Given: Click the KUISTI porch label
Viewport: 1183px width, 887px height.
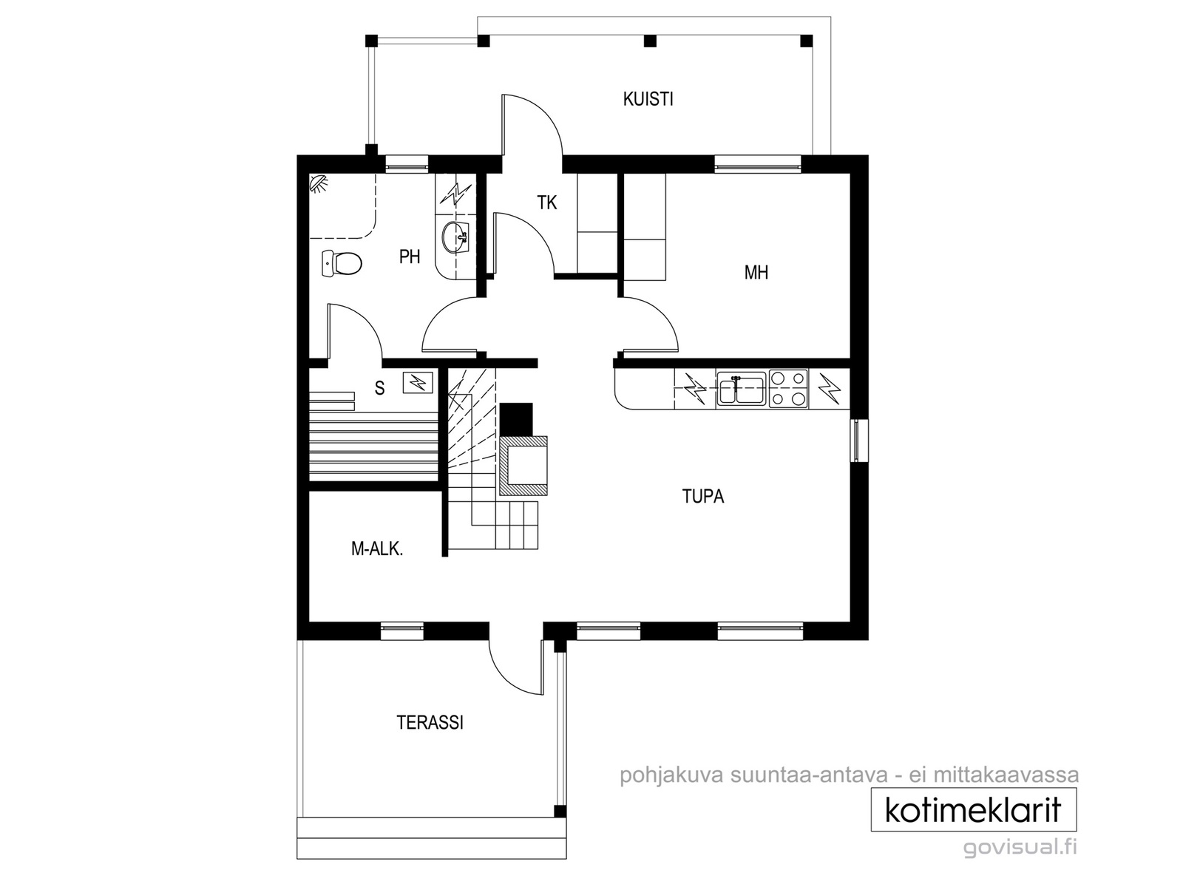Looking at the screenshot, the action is [x=648, y=99].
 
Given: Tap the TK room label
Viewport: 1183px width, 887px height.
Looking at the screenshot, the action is [x=546, y=203].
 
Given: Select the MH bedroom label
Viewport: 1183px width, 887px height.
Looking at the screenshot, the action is [x=756, y=273].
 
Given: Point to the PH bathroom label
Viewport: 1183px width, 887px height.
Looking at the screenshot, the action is [x=410, y=257].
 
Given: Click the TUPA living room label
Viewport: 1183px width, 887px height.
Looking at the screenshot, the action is [x=703, y=496].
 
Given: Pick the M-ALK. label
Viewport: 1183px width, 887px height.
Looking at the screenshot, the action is [x=377, y=548].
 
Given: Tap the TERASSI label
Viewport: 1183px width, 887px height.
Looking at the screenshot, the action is [x=430, y=722].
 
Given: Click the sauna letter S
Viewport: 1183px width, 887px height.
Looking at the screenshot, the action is [x=380, y=388].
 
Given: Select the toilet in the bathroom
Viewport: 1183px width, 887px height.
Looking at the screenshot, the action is [x=341, y=263].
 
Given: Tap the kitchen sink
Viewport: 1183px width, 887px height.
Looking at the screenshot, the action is [x=741, y=388].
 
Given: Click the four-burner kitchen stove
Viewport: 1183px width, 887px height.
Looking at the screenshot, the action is [x=788, y=388].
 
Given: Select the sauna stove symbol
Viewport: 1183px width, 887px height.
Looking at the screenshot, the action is [x=418, y=382].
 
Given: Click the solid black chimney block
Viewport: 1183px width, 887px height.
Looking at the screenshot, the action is [x=517, y=420].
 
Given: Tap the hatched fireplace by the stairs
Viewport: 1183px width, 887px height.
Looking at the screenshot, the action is [x=524, y=466].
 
